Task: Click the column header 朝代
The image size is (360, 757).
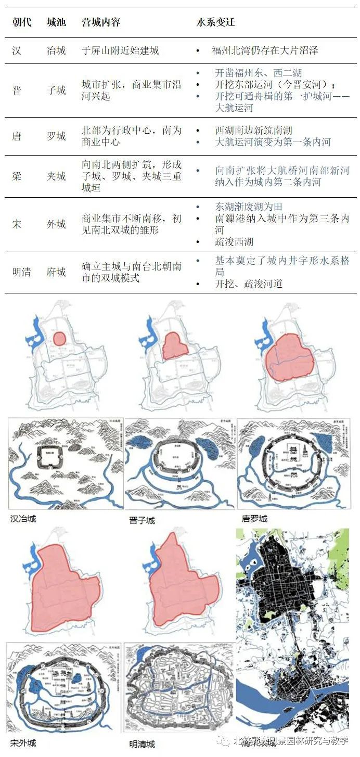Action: point(21,23)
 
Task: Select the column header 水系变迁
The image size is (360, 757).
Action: point(215,23)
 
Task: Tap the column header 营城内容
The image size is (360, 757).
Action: point(101,23)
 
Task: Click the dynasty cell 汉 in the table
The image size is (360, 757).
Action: point(17,51)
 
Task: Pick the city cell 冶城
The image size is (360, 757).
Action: point(56,51)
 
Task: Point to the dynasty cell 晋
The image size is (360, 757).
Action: point(17,91)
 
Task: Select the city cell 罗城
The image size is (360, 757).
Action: point(56,136)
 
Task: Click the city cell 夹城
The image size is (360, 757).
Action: point(56,176)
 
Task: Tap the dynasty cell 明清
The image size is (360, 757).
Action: point(21,272)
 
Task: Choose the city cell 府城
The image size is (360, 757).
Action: point(56,272)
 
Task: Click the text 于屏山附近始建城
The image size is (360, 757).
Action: point(120,51)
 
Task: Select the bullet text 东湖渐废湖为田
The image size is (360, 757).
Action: point(249,207)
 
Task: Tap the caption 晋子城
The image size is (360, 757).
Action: point(142,520)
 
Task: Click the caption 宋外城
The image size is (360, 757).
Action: point(23,742)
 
